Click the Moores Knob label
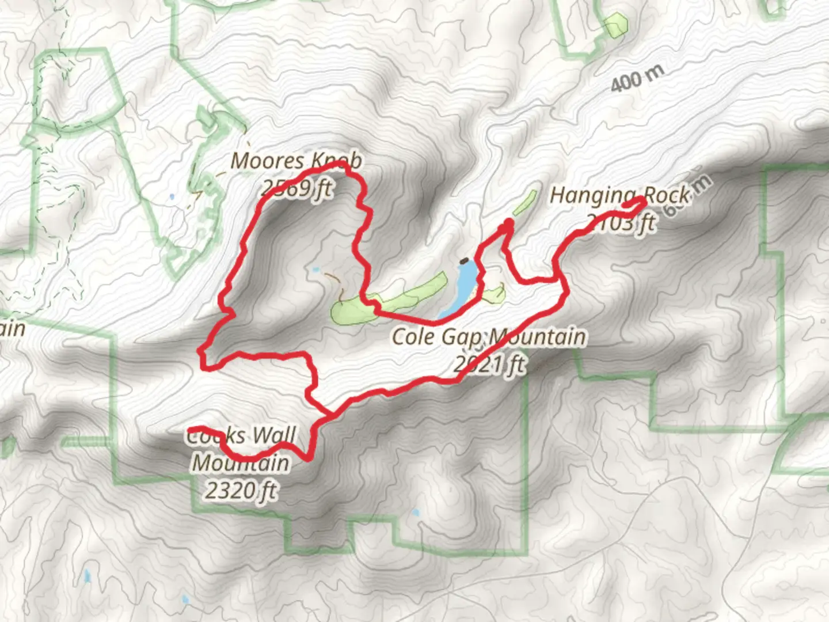click(296, 161)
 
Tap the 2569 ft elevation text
click(296, 187)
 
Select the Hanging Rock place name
click(620, 195)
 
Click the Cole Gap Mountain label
click(489, 336)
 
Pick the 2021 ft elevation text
click(489, 363)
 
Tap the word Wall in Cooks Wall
click(273, 436)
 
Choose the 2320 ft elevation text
click(241, 491)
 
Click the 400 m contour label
click(637, 78)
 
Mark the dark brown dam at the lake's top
click(464, 261)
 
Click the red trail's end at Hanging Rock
click(642, 199)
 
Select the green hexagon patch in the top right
click(615, 24)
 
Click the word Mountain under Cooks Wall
click(241, 463)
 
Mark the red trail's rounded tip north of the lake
click(508, 223)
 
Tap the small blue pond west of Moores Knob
click(172, 197)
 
